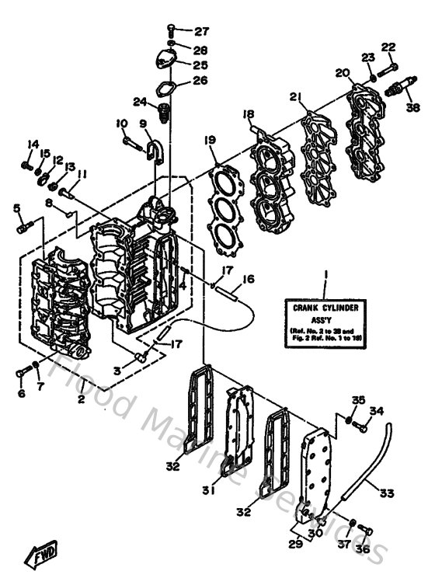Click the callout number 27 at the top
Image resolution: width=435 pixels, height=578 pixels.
[202, 32]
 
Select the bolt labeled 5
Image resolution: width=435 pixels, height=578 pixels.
[23, 228]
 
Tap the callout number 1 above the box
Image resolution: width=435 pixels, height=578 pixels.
[327, 273]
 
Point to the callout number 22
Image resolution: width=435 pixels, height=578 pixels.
[388, 47]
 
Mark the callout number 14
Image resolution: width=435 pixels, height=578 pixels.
[33, 144]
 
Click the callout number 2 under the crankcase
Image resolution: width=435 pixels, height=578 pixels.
[80, 399]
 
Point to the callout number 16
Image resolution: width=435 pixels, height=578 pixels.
[248, 279]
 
